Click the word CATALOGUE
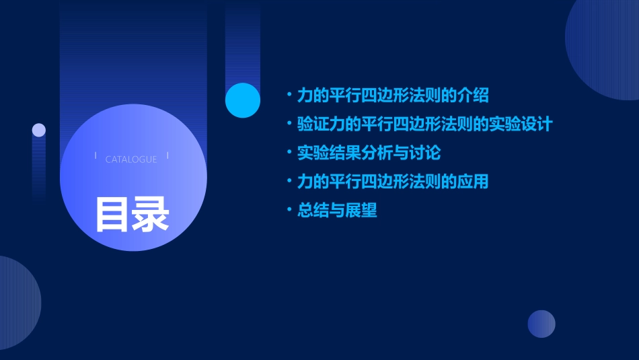[x=131, y=159]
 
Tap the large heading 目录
[x=132, y=214]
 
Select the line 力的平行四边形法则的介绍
[x=393, y=95]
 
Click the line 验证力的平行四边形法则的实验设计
[x=424, y=124]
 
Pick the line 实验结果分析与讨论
[x=369, y=153]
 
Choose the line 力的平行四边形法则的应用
[x=393, y=182]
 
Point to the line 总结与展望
[x=337, y=211]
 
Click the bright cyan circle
[x=243, y=100]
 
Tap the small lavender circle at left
[x=39, y=130]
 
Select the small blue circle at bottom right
[x=541, y=324]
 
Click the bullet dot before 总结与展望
[x=289, y=211]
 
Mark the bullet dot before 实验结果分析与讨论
[x=289, y=153]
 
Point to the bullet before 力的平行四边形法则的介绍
[x=289, y=95]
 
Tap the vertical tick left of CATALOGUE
[x=96, y=156]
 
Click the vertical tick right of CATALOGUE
[x=167, y=156]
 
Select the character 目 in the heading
[x=112, y=214]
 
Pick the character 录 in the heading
[x=151, y=214]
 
